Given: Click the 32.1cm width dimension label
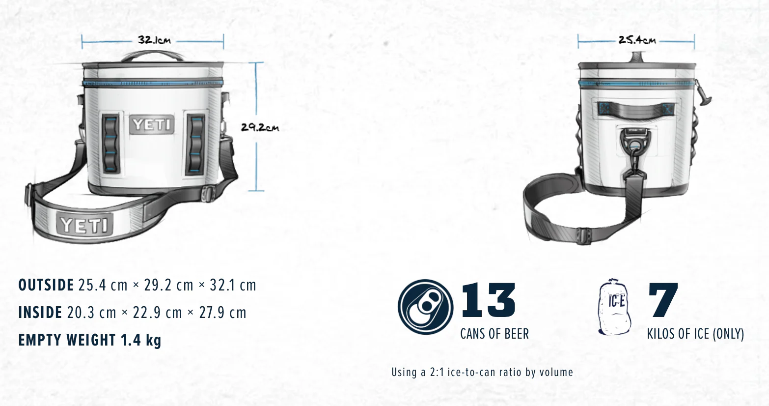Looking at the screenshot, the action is (x=155, y=40).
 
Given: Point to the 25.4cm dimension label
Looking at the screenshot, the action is (x=637, y=40).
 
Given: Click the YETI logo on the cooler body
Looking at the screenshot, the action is (x=152, y=124).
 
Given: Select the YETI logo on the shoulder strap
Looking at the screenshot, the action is (x=84, y=225).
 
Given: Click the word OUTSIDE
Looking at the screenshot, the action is (x=46, y=285).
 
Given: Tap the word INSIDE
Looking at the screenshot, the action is (x=40, y=313).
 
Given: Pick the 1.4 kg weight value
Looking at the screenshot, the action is (x=141, y=340).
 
